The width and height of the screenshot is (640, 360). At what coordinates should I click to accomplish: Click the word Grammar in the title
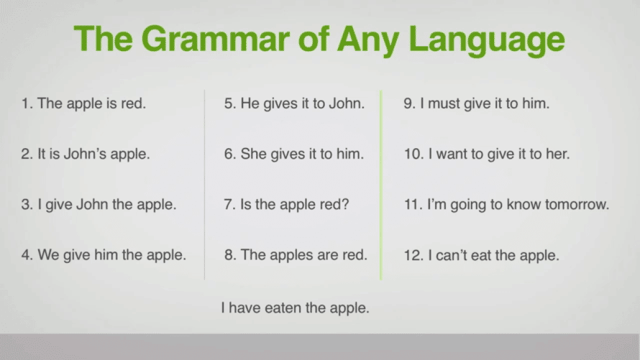click(x=215, y=39)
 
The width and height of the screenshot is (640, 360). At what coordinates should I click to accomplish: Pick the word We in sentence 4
click(x=49, y=255)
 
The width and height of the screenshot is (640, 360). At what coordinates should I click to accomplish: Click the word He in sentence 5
click(x=250, y=103)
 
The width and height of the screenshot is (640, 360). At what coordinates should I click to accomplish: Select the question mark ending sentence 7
click(x=346, y=204)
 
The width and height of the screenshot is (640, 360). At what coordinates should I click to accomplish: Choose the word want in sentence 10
click(x=452, y=154)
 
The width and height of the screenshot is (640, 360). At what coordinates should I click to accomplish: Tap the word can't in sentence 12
click(x=452, y=255)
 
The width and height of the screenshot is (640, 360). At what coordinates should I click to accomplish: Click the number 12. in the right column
click(x=413, y=255)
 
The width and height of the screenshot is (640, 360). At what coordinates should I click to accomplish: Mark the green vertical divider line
click(x=381, y=185)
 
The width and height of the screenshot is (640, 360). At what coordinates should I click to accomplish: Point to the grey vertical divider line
click(x=204, y=185)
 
